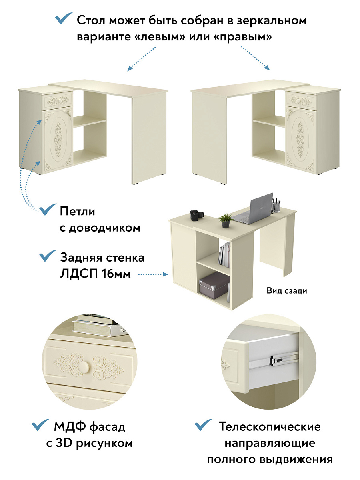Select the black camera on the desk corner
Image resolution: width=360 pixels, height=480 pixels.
tap(194, 215)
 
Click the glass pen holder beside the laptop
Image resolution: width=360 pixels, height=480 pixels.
tap(276, 205)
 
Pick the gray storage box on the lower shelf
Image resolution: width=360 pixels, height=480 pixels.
tap(214, 285)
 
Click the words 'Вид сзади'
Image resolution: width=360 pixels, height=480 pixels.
tap(287, 291)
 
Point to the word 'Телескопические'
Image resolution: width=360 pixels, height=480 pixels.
tap(270, 426)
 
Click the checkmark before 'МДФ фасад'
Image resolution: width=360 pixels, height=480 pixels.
tap(40, 425)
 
